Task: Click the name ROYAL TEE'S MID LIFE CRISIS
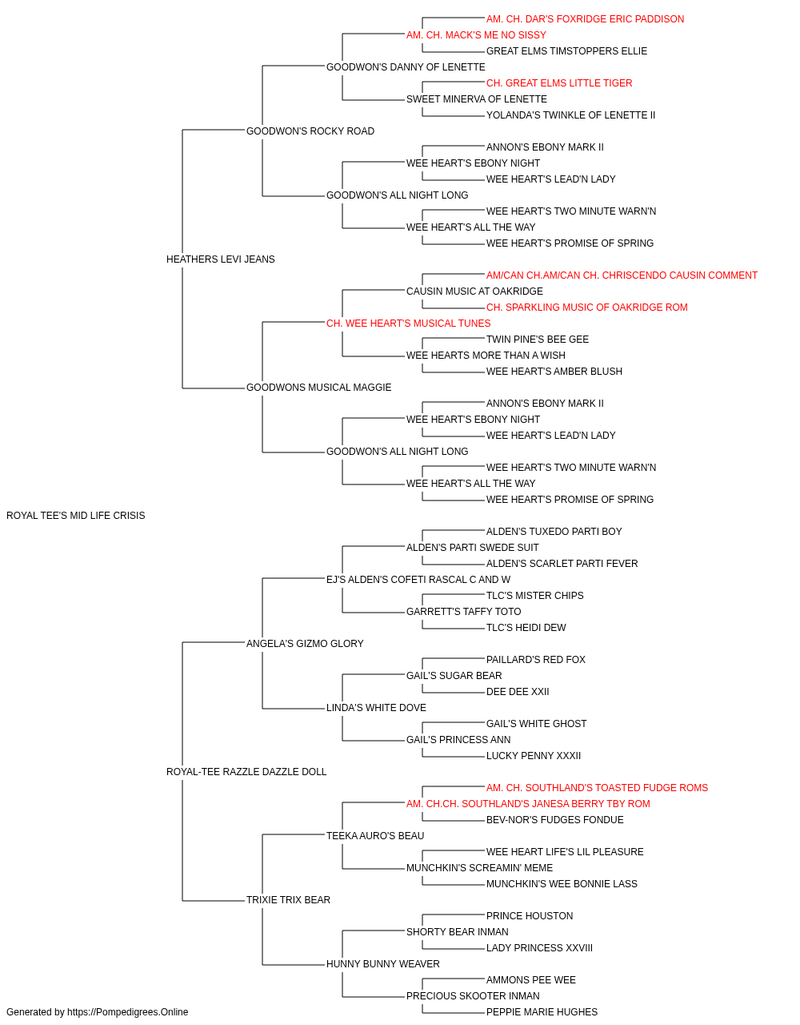[75, 516]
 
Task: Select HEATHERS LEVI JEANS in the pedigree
[221, 259]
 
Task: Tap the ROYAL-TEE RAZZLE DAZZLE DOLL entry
[246, 772]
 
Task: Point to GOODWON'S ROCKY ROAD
[310, 131]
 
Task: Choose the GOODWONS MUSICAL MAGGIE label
[319, 388]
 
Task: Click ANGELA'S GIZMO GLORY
[305, 643]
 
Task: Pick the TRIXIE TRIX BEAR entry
[288, 899]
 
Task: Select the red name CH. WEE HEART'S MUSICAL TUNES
[409, 323]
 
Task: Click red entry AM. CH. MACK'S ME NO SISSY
[476, 35]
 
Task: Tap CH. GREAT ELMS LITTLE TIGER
[559, 83]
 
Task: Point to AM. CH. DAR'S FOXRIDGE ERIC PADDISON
[585, 19]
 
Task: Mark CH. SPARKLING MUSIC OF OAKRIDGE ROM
[587, 307]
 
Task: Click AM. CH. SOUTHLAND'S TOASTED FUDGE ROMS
[597, 788]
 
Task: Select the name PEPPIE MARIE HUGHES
[542, 1012]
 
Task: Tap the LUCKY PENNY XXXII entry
[534, 756]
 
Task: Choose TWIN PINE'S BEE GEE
[538, 340]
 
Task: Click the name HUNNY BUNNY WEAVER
[383, 963]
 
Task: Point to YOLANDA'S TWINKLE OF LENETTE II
[570, 115]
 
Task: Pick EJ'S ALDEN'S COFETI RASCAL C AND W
[418, 579]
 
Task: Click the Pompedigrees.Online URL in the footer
[128, 1012]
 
